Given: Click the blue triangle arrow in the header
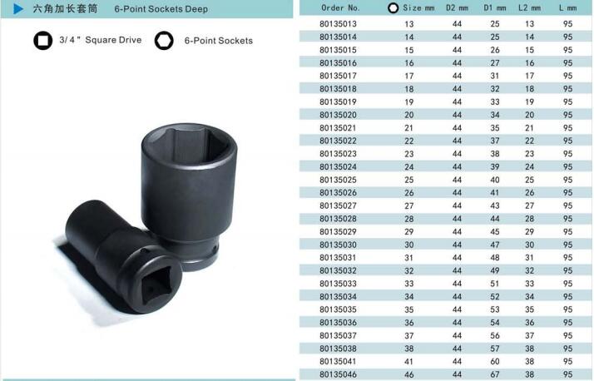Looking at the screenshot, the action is click(18, 8).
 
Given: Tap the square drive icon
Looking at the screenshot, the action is click(42, 40).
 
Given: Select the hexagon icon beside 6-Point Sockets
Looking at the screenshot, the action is click(164, 40).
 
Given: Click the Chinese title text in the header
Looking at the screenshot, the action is click(65, 8).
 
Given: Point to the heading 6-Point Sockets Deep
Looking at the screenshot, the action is click(161, 8).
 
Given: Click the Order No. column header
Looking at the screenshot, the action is click(340, 7).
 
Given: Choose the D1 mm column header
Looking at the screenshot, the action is click(495, 7).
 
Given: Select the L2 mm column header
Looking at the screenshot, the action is click(529, 7).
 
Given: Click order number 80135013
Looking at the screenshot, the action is click(339, 24).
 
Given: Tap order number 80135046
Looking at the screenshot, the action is click(339, 374).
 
